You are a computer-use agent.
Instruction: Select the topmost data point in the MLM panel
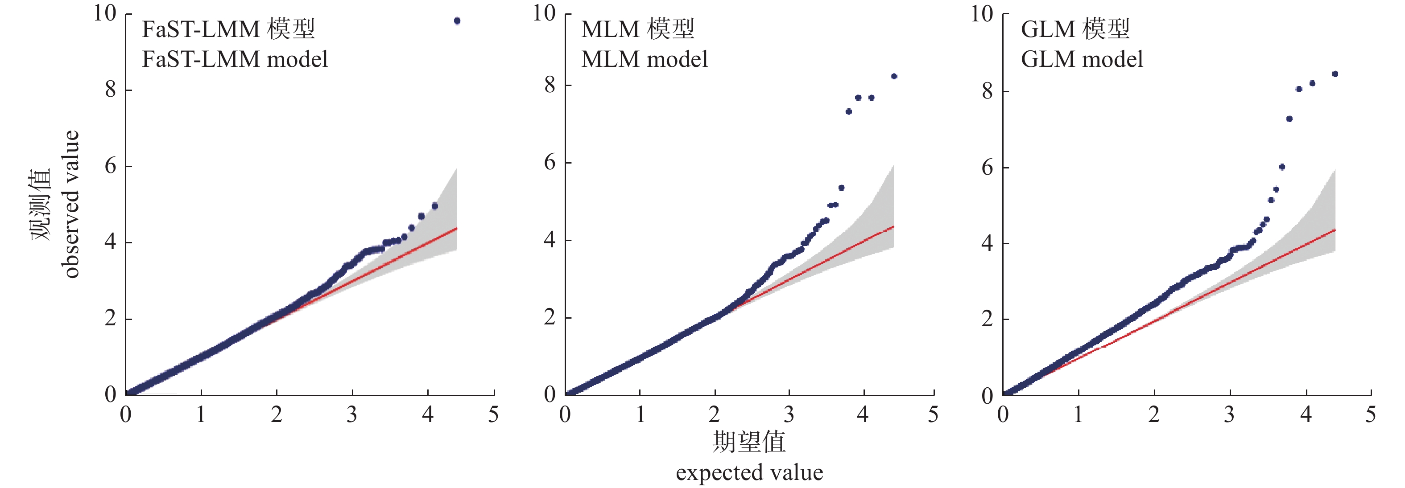tap(894, 76)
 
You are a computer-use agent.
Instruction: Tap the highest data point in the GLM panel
tap(1335, 74)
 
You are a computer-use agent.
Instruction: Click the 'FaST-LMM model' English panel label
tap(235, 59)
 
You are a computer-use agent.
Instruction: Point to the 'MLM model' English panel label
tap(644, 59)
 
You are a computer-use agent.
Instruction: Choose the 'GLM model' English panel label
tap(1082, 59)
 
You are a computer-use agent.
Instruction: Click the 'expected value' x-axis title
tap(749, 472)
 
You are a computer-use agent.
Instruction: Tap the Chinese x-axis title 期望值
tap(749, 441)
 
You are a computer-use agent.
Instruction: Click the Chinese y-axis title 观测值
tap(40, 204)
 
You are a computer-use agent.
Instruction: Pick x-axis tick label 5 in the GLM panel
tap(1371, 415)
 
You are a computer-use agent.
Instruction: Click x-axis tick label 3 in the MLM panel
tap(789, 415)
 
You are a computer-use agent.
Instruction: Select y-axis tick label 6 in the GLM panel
tap(987, 168)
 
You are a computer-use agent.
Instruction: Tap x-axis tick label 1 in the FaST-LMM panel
tap(201, 415)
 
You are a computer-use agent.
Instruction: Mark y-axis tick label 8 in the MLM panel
tap(550, 85)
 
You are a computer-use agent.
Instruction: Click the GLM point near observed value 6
tap(1282, 167)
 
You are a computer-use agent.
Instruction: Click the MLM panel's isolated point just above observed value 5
tap(842, 188)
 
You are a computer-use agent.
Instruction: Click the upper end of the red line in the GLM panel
tap(1334, 230)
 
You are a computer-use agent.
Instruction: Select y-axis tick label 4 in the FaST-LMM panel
tap(110, 242)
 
